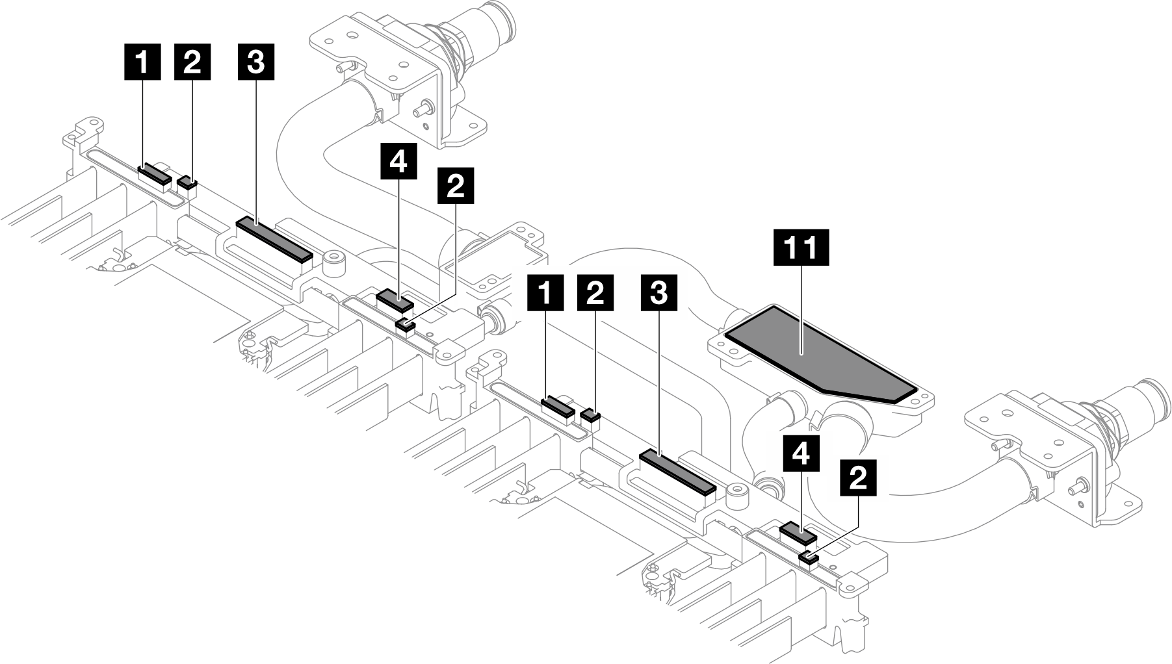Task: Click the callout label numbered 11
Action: [x=801, y=247]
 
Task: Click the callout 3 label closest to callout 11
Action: [x=658, y=293]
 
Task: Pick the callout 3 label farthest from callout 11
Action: [x=255, y=62]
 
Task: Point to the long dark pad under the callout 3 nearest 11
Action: [x=677, y=472]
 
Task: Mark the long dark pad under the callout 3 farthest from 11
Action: [x=274, y=238]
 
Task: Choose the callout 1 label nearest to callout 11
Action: [x=546, y=293]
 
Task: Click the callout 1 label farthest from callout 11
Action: [x=143, y=62]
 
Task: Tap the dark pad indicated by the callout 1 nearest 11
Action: [x=558, y=407]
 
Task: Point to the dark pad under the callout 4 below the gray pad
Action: [x=798, y=532]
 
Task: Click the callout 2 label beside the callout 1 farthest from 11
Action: [x=192, y=62]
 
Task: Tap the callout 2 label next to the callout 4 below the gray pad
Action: [x=858, y=479]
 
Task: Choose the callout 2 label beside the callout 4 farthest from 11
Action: [x=456, y=186]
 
